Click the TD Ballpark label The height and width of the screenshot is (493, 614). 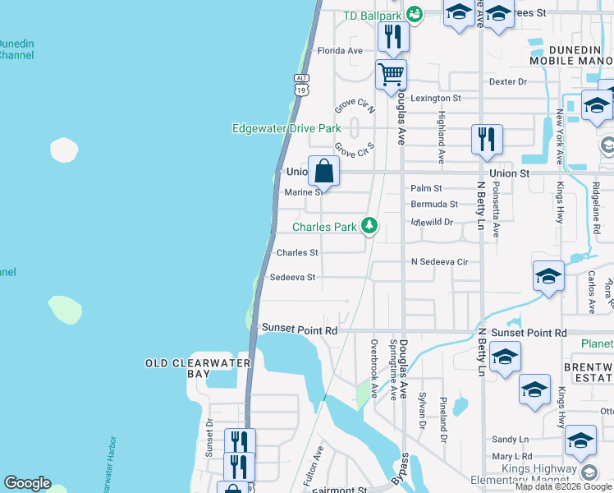coord(373,15)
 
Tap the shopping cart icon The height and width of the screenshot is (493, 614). coord(392,75)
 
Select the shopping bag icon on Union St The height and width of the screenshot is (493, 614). coord(324,172)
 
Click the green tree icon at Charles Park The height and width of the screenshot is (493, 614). coord(370,226)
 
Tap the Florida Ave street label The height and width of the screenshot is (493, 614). coord(340,51)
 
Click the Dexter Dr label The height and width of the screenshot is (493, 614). coord(507,81)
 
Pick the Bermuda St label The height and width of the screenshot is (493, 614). coord(434,204)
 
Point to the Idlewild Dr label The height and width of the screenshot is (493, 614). coord(432,222)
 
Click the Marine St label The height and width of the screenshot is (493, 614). coord(304,192)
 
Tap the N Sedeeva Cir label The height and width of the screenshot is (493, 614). coord(439,262)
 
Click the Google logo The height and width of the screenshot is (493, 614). coord(27,483)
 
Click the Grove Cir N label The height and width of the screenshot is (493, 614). coord(354,108)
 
